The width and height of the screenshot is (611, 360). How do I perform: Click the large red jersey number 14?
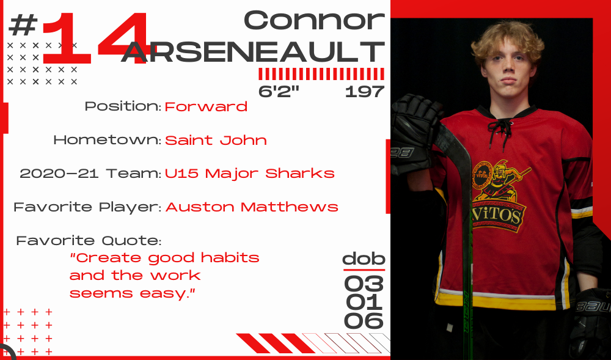(95, 38)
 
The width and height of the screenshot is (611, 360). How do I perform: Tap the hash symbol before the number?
(23, 24)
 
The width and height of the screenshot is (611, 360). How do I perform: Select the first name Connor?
(314, 20)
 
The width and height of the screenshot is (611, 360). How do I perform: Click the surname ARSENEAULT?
(253, 51)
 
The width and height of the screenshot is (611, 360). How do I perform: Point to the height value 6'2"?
(279, 92)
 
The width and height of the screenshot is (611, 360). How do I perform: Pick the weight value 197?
(365, 92)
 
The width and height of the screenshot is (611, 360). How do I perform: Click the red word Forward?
(206, 106)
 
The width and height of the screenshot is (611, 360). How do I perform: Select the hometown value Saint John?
(216, 140)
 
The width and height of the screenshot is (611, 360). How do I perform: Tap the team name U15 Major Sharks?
(250, 174)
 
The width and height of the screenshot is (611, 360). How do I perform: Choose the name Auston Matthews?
(252, 207)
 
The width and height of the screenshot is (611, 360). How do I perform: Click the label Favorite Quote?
(89, 241)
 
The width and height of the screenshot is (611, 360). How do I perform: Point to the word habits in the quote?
(230, 257)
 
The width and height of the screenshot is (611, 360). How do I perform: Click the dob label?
(364, 259)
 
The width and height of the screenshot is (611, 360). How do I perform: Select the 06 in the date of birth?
(364, 321)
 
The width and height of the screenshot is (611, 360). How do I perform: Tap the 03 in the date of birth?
(364, 284)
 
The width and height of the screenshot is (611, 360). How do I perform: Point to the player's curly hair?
(507, 41)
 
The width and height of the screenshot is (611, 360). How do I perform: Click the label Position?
(123, 106)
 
